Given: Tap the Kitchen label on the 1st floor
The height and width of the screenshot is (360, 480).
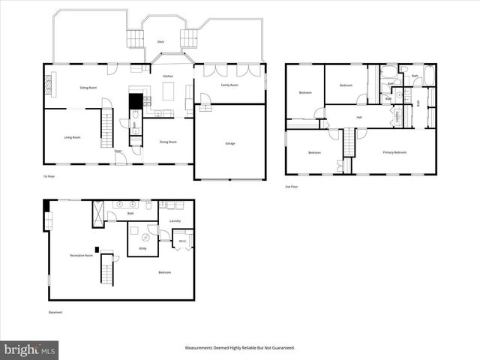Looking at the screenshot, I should click(x=168, y=76).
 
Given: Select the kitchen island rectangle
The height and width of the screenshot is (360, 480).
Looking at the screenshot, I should click(x=169, y=91).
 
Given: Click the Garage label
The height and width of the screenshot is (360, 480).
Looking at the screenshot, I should click(x=229, y=142).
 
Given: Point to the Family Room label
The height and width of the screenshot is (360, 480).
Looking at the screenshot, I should click(x=229, y=85).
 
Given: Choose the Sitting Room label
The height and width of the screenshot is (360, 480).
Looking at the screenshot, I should click(x=88, y=88).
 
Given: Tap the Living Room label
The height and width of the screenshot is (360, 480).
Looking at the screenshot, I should click(x=72, y=137).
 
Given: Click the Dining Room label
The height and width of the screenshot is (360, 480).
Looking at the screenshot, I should click(x=168, y=142).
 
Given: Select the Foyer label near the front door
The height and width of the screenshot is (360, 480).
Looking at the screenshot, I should click(x=118, y=151).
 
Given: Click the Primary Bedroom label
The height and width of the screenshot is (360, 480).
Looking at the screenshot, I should click(x=394, y=152).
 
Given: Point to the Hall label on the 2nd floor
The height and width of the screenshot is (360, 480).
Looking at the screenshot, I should click(x=359, y=117).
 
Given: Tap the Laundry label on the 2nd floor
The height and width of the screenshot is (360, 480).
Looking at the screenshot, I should click(x=397, y=116).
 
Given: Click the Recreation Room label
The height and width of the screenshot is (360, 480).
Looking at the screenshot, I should click(x=81, y=256).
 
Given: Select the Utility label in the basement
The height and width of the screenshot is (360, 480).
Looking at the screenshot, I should click(x=142, y=248).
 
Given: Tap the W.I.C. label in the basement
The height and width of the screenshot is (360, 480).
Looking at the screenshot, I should click(x=182, y=241).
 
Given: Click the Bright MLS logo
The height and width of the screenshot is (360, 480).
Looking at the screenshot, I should click(x=30, y=349).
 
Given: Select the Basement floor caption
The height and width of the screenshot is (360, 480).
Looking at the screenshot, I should click(x=55, y=313).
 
